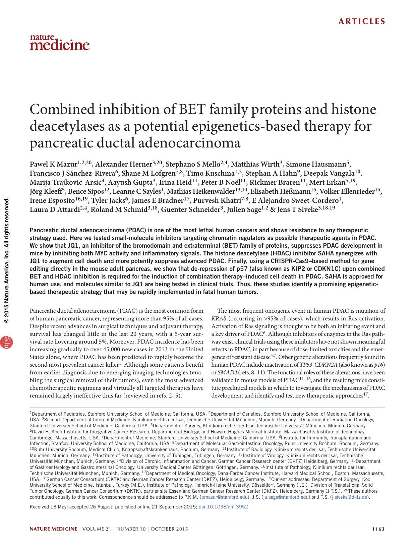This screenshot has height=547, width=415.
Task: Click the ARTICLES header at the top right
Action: (x=362, y=22)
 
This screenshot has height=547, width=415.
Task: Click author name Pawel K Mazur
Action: (x=54, y=164)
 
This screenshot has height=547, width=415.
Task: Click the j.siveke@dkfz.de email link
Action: (x=350, y=497)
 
